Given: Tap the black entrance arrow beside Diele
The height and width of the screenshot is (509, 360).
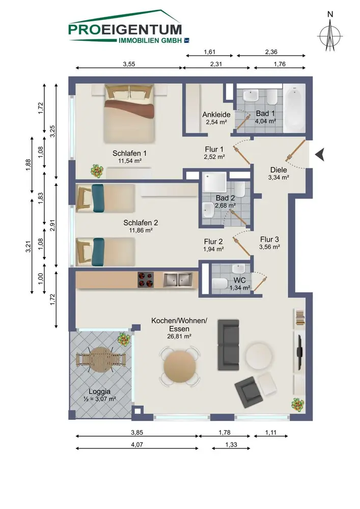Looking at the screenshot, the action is (320, 155).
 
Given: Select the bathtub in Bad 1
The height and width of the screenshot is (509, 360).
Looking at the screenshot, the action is (294, 108).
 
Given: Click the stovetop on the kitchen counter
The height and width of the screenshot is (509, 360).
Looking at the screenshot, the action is (146, 279).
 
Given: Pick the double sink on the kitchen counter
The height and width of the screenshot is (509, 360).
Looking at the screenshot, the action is (178, 280).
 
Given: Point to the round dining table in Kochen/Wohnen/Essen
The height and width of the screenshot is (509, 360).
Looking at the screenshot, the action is (180, 366).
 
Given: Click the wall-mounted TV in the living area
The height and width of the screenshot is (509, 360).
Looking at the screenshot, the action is (300, 353).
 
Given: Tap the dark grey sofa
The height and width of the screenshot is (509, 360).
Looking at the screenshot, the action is (228, 345).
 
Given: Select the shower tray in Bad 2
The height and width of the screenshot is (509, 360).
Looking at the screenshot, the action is (214, 181).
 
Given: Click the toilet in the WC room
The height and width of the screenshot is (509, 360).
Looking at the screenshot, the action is (220, 283).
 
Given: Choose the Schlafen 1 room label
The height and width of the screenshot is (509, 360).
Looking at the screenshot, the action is (129, 153).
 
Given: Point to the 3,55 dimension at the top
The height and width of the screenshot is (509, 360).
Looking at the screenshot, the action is (129, 64).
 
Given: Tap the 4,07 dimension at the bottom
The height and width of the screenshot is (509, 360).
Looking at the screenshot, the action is (136, 444).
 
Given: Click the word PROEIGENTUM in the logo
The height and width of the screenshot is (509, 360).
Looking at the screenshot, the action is (125, 30).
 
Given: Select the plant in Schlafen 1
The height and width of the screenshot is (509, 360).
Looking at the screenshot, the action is (97, 171).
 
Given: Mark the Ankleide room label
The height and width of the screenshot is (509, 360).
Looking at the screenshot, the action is (216, 114).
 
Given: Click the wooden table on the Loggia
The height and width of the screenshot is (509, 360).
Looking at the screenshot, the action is (100, 360).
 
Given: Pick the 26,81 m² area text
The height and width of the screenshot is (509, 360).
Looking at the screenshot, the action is (179, 336).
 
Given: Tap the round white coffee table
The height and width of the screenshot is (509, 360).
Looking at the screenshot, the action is (259, 355).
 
